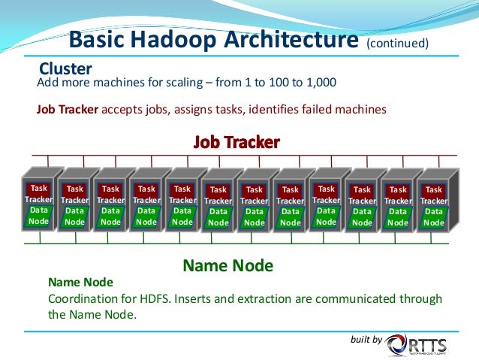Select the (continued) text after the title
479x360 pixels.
[x=397, y=43]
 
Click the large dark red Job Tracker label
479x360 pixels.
[x=236, y=141]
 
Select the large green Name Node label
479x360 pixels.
[x=228, y=265]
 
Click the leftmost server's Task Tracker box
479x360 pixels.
[x=38, y=193]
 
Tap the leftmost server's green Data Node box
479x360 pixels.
[x=38, y=216]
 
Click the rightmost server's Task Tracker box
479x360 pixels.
[x=434, y=195]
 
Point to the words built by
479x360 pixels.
[x=366, y=340]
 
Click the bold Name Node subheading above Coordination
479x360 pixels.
[x=80, y=283]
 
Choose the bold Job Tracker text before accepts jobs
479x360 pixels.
[x=68, y=109]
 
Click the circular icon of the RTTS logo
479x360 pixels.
[x=397, y=345]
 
